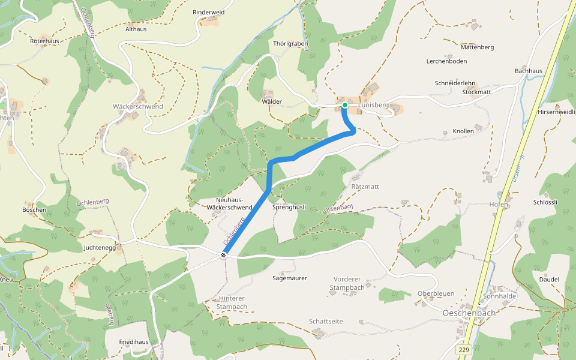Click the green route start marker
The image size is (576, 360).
[345, 105]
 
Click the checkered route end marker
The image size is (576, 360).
[223, 256]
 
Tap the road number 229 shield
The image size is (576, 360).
[463, 349]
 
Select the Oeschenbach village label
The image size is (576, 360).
[469, 313]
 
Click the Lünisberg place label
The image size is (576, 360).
[374, 105]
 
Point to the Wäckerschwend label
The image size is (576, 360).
[138, 107]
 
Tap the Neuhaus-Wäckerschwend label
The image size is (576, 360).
[229, 203]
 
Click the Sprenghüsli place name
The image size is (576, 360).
[289, 207]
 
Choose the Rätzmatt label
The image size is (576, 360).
[365, 187]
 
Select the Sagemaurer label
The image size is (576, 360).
[290, 278]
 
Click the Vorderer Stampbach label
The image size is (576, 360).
[347, 284]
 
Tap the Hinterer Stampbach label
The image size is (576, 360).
[233, 302]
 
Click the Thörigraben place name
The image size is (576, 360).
[290, 44]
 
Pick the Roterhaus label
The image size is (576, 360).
[44, 41]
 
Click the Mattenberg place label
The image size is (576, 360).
[477, 47]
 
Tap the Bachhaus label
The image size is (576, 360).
[528, 71]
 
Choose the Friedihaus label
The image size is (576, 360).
[134, 341]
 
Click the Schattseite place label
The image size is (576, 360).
[326, 321]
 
